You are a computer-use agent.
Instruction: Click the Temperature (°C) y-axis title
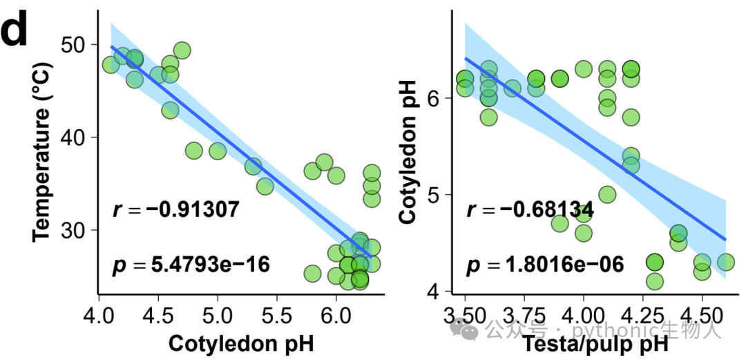(42, 151)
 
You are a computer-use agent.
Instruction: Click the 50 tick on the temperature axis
(74, 44)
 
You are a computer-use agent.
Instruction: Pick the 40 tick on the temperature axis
(74, 137)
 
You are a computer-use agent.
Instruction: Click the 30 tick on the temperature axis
(74, 230)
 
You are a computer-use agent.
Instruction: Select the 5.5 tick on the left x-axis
(277, 315)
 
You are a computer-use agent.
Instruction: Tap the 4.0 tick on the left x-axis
(99, 315)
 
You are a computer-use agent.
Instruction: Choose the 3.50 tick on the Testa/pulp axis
(465, 315)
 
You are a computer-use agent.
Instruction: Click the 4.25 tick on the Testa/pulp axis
(643, 315)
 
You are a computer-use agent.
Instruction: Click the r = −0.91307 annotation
(175, 209)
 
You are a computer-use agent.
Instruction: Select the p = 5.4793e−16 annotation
(191, 265)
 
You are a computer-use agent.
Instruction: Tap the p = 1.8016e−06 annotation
(545, 265)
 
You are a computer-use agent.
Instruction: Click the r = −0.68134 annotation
(530, 209)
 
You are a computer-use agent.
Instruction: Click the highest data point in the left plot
(182, 50)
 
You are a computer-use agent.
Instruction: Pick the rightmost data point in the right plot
(726, 261)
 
